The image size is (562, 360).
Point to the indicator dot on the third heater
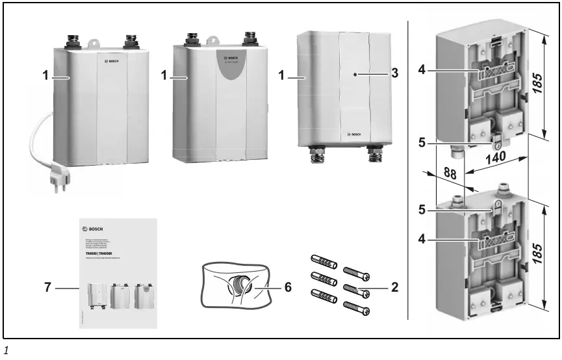355,75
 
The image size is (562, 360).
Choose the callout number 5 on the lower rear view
422,210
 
